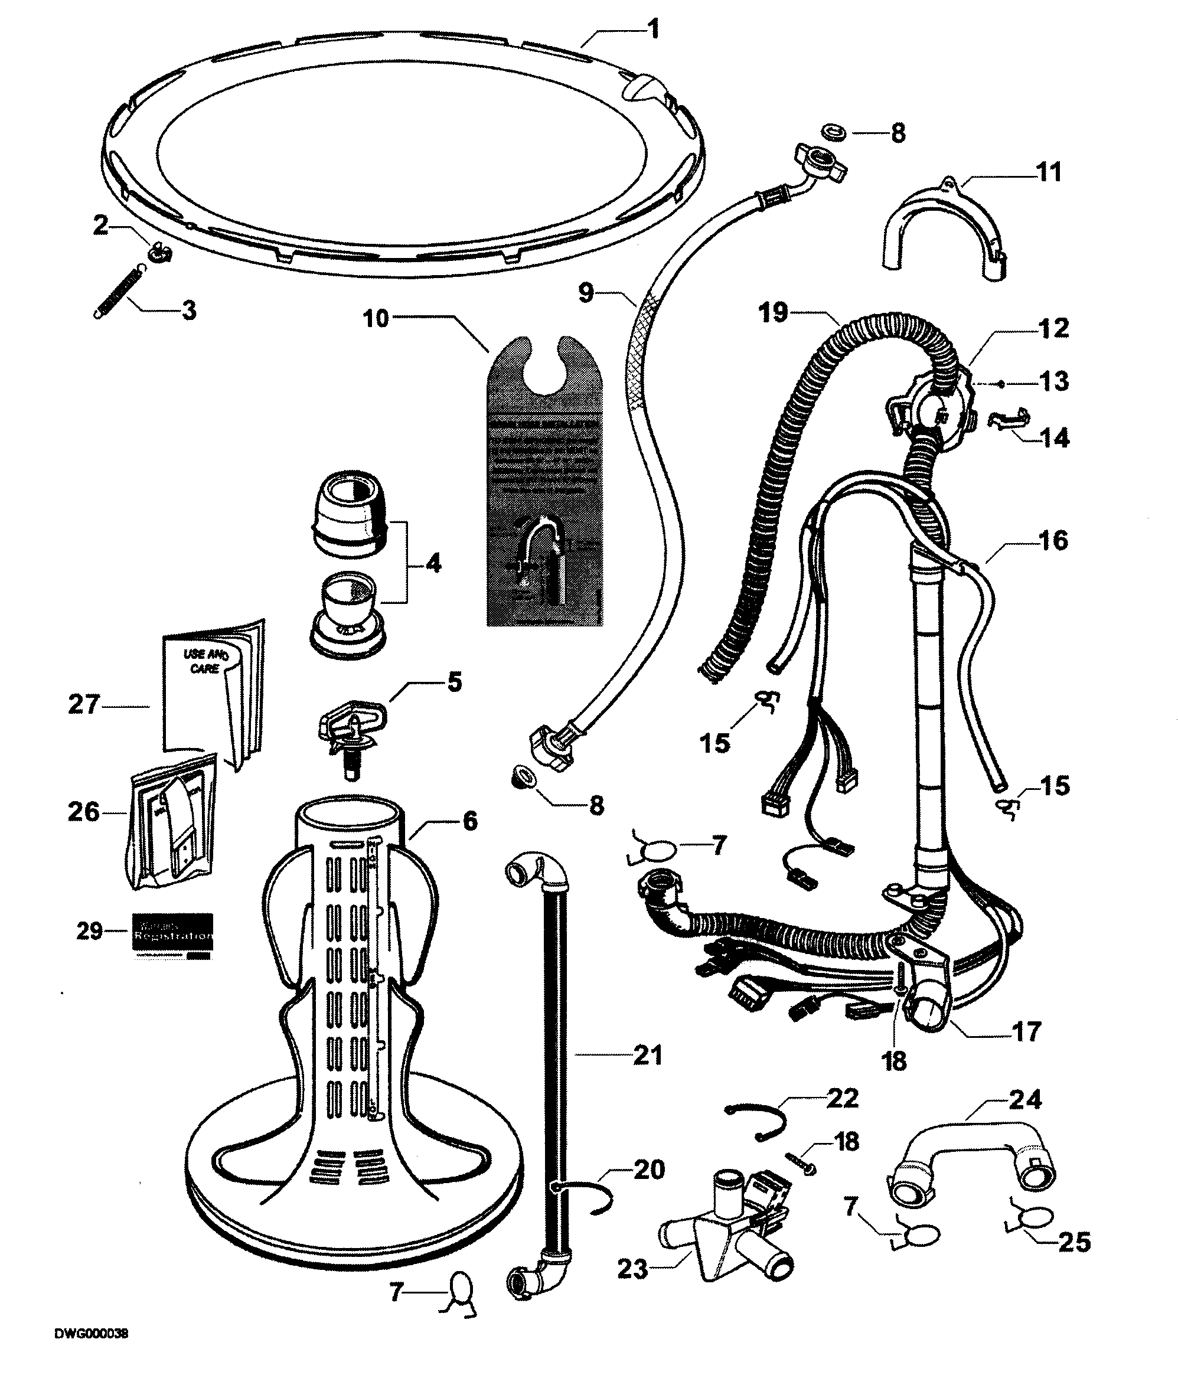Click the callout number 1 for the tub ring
[x=654, y=30]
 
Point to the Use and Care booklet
[x=213, y=694]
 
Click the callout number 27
[x=83, y=704]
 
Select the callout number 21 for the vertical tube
[x=647, y=1056]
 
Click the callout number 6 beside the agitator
[x=470, y=821]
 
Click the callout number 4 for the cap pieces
[x=433, y=564]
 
